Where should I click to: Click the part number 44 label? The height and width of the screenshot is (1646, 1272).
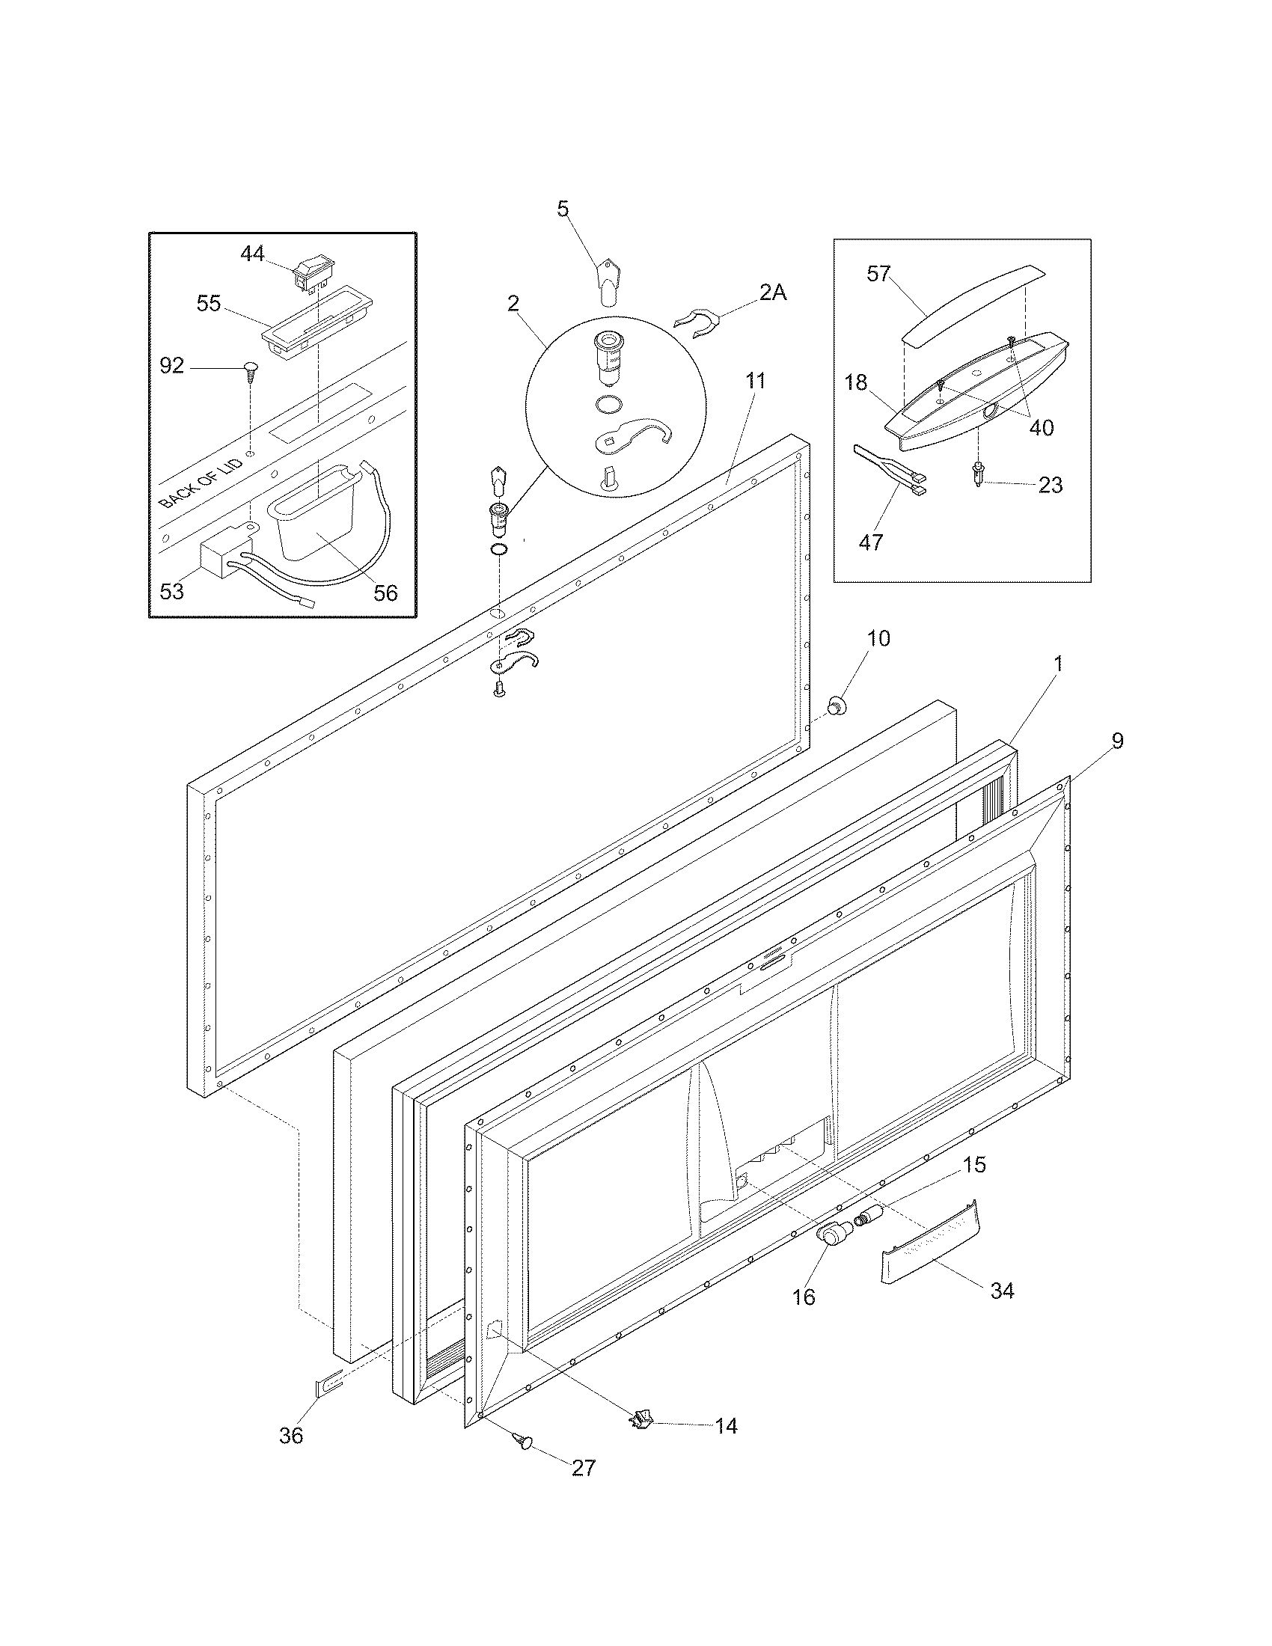coord(251,254)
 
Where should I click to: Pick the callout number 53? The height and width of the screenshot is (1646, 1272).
coord(172,592)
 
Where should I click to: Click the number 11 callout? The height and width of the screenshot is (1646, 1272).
coord(755,382)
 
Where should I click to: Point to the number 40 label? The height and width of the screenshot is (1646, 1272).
coord(1041,428)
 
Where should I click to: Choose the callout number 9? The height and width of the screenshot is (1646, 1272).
coord(1117,741)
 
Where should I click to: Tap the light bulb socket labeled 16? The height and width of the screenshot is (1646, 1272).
coord(831,1233)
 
